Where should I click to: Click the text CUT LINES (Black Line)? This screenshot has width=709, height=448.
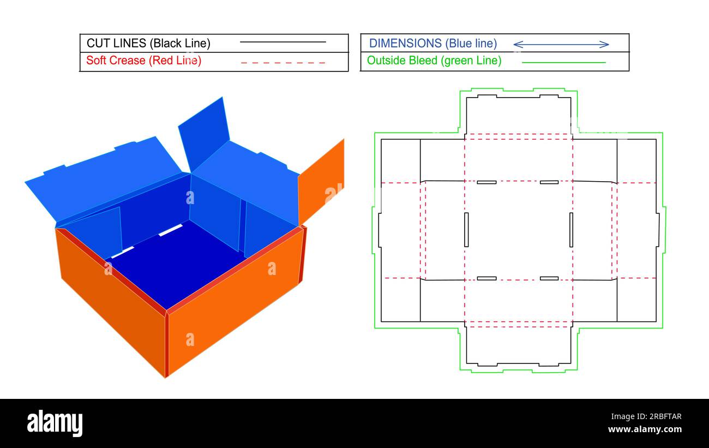(x=148, y=43)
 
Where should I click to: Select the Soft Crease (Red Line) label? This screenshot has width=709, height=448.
(x=143, y=61)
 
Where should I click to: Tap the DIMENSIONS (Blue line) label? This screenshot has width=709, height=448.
(x=433, y=43)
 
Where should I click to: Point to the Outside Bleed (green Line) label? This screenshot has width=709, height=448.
(x=434, y=61)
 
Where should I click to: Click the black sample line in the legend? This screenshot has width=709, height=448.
(x=283, y=42)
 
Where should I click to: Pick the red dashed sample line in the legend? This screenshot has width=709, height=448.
(x=283, y=63)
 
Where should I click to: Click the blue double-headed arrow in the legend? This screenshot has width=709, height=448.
(x=561, y=44)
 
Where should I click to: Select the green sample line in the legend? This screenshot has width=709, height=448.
(x=563, y=63)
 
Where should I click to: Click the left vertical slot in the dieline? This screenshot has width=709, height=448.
(x=466, y=229)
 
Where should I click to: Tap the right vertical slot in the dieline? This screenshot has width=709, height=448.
(x=571, y=229)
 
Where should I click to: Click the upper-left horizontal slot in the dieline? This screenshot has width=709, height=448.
(x=486, y=182)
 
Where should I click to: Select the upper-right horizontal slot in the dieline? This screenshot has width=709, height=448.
(x=549, y=182)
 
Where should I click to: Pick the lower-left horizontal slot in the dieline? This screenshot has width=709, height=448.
(x=486, y=278)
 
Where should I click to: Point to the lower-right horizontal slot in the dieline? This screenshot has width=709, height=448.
(x=549, y=278)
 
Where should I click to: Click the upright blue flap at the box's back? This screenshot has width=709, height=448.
(x=202, y=131)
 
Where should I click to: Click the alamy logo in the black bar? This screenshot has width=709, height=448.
(x=55, y=423)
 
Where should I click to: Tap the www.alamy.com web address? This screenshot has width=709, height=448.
(x=645, y=429)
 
